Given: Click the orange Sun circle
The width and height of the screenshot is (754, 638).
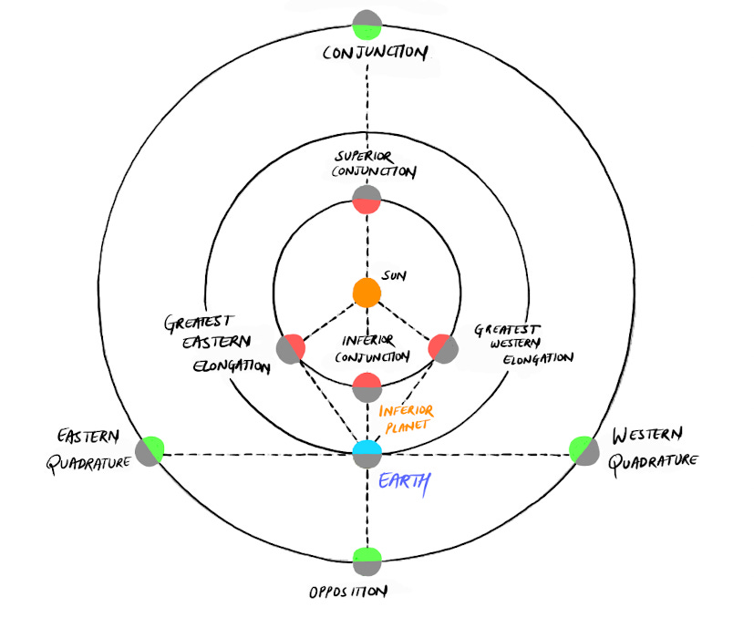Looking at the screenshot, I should tap(367, 293).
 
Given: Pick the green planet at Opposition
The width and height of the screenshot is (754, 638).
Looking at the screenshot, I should tap(367, 560).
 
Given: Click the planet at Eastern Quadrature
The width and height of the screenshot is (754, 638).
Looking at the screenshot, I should tap(150, 450).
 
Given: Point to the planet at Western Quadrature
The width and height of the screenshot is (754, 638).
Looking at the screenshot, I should tap(584, 450).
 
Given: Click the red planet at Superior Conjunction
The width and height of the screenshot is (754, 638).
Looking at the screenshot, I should tap(367, 200).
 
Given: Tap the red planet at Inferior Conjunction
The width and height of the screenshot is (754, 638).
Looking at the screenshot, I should tap(367, 387).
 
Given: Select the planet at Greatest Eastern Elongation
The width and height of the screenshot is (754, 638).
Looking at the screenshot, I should tap(291, 348).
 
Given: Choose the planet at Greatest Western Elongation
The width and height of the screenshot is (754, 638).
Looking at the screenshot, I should tap(442, 348).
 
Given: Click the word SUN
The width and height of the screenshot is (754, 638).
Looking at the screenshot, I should tap(394, 275).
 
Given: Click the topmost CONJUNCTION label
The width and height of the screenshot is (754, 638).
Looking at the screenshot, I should tap(374, 52).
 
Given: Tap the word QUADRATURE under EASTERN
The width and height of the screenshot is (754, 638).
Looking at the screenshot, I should tap(89, 461).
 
